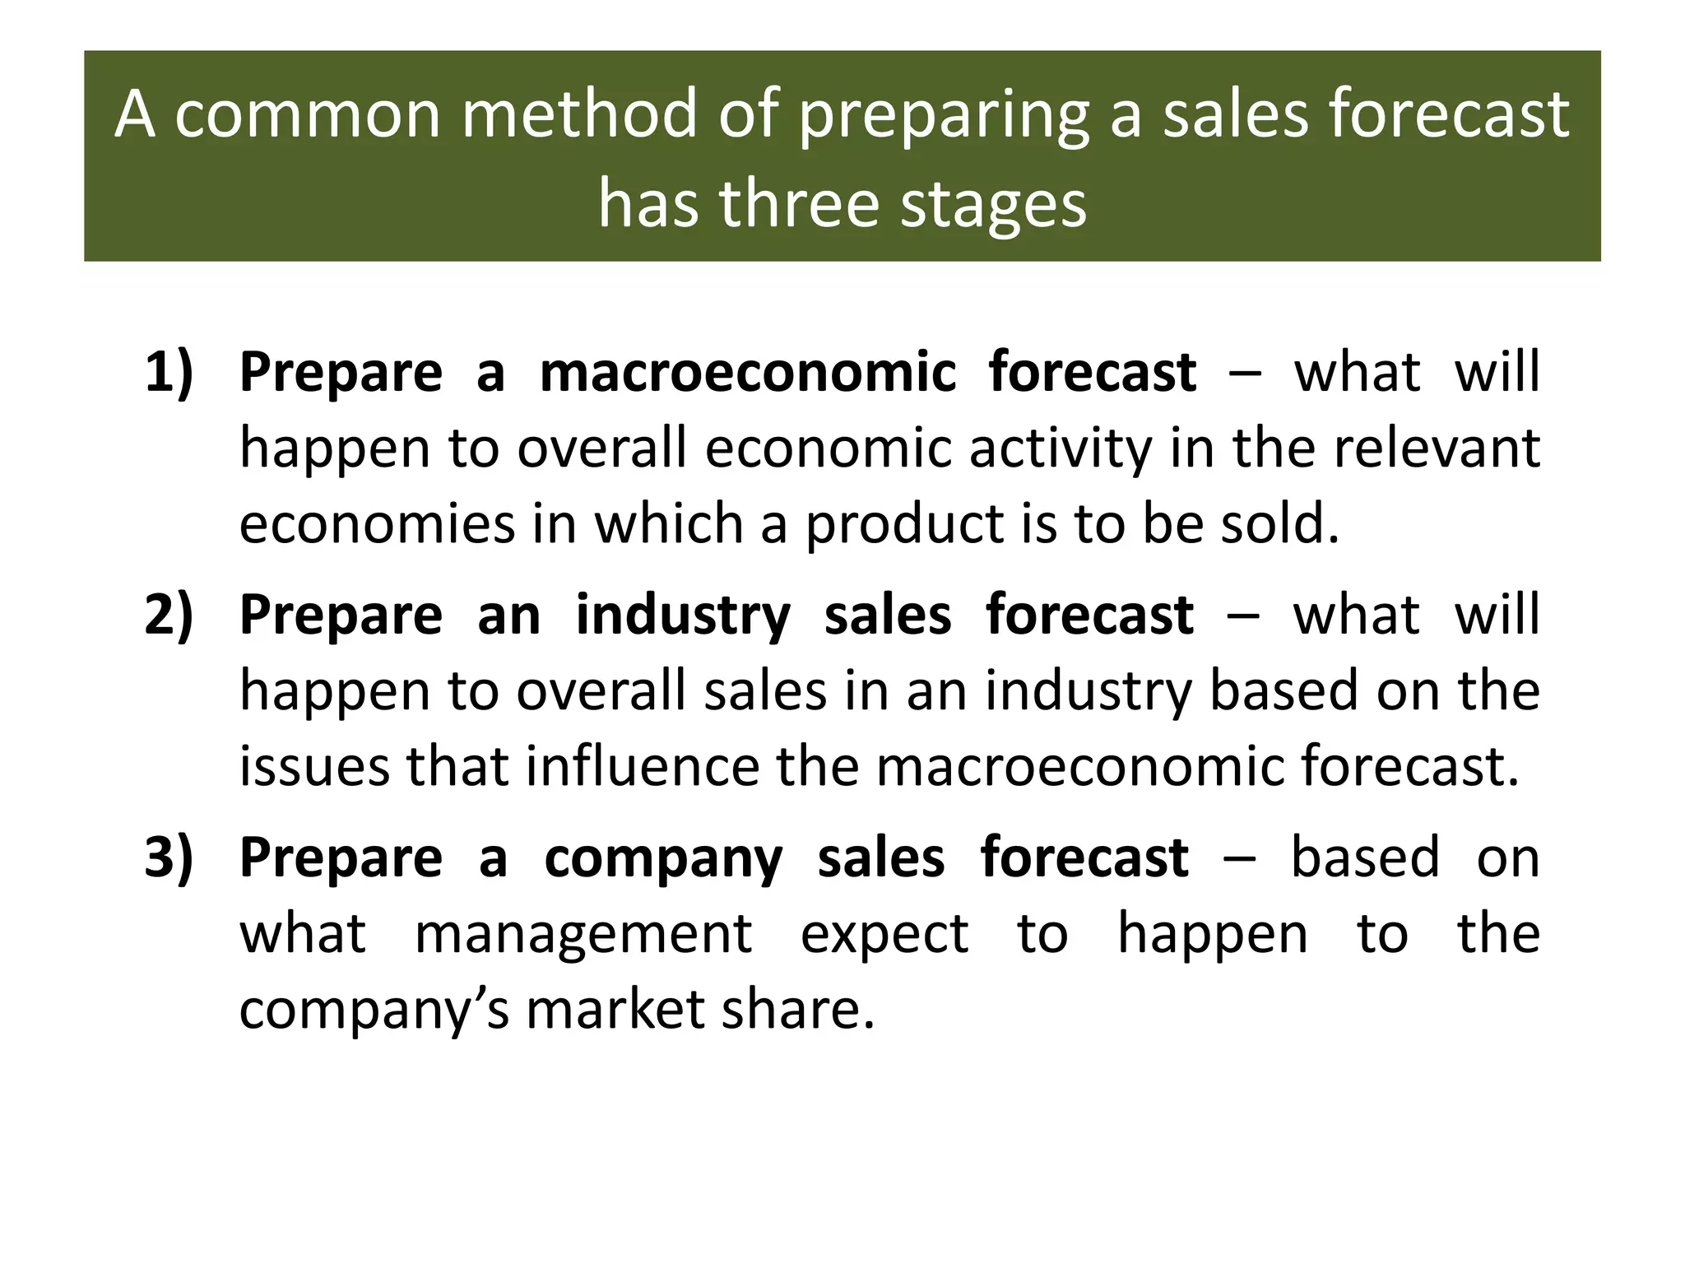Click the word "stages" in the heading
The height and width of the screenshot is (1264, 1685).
pos(994,206)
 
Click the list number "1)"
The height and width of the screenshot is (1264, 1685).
pos(169,372)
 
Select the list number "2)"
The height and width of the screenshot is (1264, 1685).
pos(169,615)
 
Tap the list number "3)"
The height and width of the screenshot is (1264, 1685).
pos(169,857)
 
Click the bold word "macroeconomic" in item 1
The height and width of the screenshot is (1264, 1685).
pos(748,372)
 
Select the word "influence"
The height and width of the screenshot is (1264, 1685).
pos(643,766)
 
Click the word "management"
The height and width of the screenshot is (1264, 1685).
pos(583,936)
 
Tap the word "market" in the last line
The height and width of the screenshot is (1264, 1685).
pos(615,1010)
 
